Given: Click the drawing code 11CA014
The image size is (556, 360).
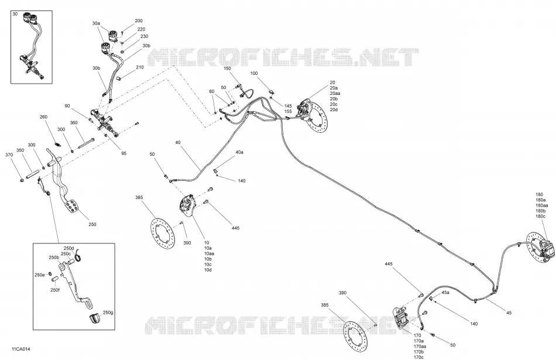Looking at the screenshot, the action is click(21, 349).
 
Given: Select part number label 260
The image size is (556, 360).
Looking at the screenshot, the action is click(43, 117).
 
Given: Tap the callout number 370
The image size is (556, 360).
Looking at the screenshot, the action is click(9, 155).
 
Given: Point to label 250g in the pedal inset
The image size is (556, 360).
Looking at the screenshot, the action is click(108, 313).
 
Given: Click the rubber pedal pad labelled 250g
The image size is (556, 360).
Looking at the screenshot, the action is click(95, 318).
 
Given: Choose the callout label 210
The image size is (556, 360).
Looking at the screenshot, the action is click(140, 67).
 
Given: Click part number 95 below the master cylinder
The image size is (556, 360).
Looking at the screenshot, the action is click(123, 153).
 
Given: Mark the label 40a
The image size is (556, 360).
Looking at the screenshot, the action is click(239, 152).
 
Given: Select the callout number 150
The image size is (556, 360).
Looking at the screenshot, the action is click(227, 68).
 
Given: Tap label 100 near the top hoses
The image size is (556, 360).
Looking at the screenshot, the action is click(254, 73).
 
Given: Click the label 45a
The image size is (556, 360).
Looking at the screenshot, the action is click(445, 293).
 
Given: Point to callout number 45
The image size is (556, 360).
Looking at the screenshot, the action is click(509, 313).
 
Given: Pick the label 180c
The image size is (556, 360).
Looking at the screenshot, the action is click(541, 217).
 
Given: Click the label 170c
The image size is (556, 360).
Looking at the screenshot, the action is click(418, 357).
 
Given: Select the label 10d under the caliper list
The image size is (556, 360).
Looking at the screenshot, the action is click(208, 270).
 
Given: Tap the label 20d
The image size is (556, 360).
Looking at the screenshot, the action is click(334, 109).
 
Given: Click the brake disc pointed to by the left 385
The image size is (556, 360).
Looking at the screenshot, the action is click(163, 234).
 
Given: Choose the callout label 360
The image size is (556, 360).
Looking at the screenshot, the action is click(73, 123).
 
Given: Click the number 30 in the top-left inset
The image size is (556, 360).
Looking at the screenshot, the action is click(15, 14).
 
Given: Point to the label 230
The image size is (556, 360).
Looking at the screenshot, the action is click(144, 36).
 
